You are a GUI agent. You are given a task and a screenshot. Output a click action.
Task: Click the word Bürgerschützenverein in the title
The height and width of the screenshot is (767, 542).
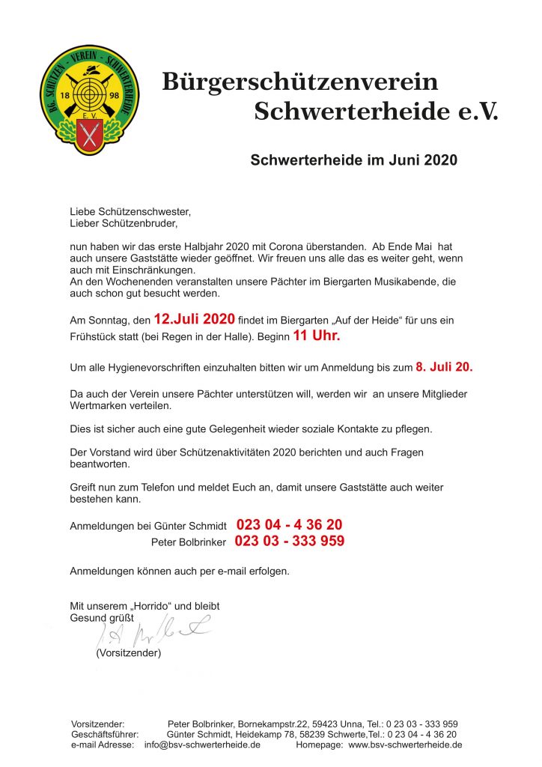(x=299, y=81)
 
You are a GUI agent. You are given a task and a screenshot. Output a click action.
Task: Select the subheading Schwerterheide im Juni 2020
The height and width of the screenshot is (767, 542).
(x=353, y=160)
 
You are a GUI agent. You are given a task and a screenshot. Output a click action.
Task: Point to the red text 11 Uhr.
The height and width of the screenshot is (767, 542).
(x=316, y=336)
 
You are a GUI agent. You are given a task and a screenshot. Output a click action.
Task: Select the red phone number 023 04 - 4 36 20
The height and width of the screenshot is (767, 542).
(x=289, y=524)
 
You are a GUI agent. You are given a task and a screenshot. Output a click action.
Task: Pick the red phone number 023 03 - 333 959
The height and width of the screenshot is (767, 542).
(x=290, y=540)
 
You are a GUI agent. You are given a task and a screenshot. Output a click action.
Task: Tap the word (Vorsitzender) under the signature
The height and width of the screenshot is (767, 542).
(x=128, y=653)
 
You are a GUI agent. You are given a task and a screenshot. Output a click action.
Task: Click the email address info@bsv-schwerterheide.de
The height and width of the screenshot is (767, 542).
(x=202, y=745)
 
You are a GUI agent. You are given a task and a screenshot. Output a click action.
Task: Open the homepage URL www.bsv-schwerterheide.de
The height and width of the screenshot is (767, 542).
(x=405, y=745)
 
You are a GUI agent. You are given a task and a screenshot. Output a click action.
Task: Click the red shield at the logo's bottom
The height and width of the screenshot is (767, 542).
(x=89, y=138)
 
